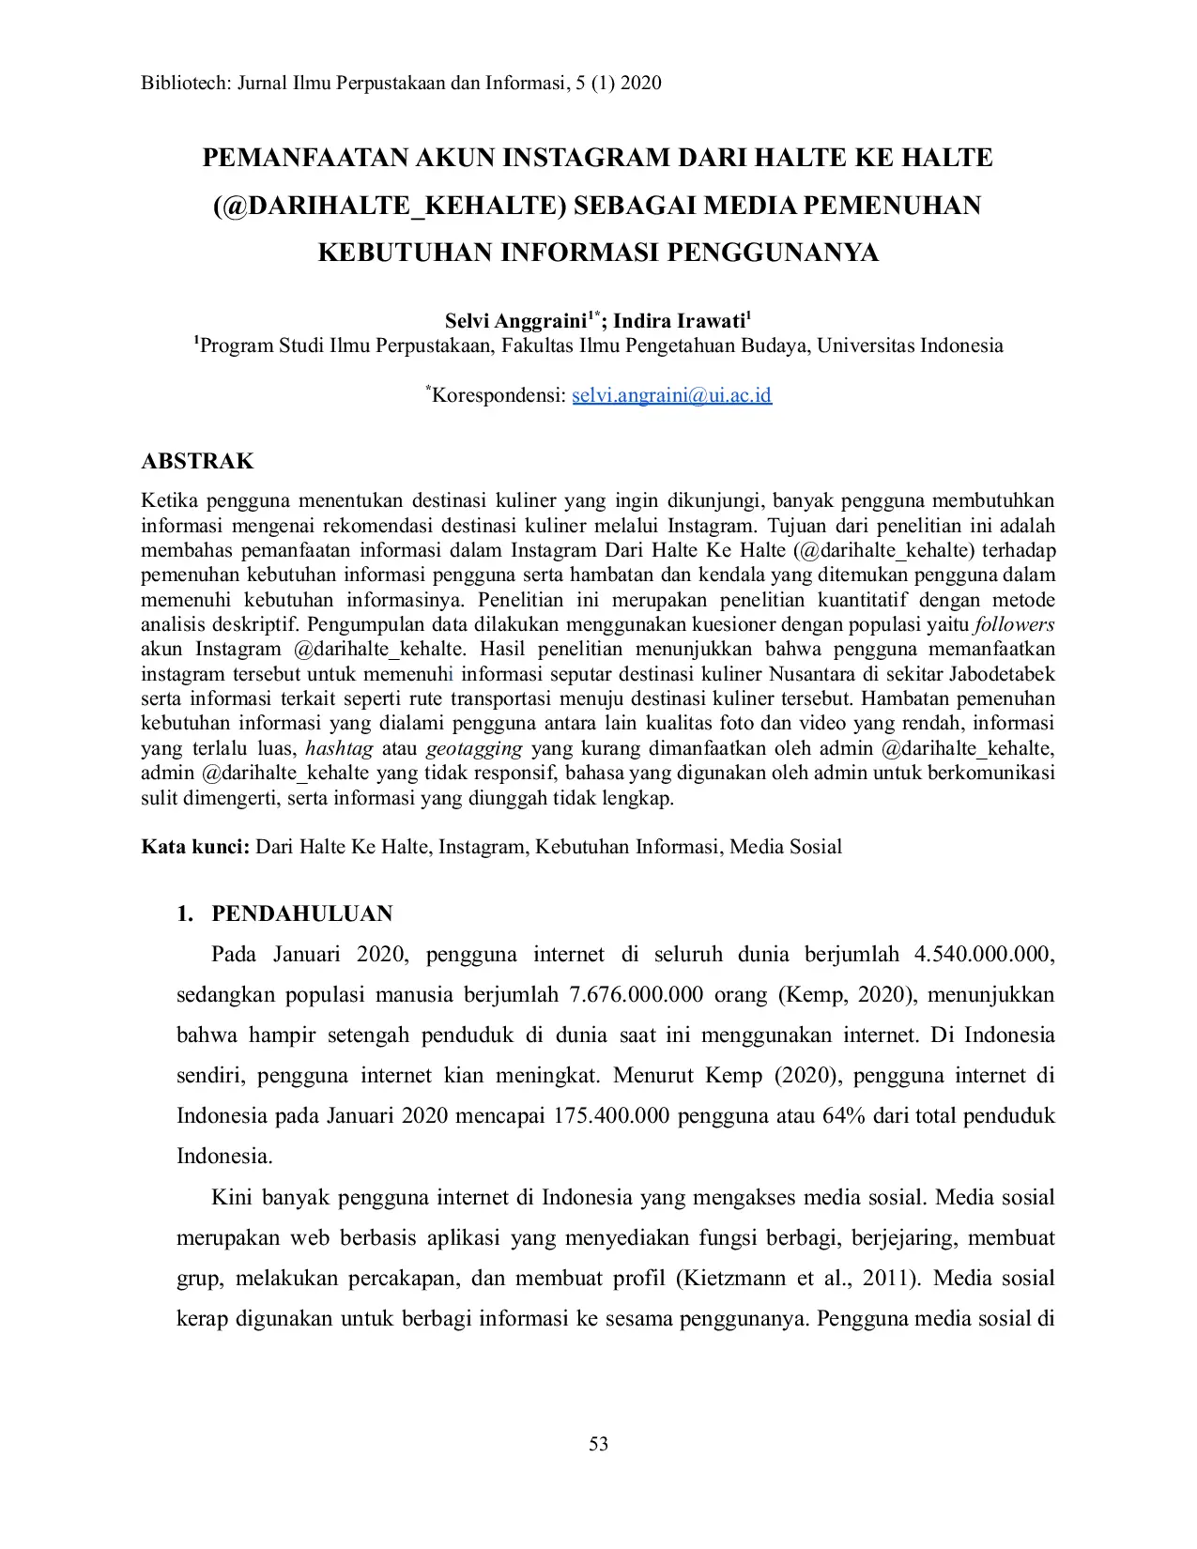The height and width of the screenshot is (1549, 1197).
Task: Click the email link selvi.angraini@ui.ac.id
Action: click(671, 395)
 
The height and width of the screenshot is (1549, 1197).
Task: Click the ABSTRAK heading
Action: click(197, 461)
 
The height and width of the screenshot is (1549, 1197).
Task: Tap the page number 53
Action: click(598, 1444)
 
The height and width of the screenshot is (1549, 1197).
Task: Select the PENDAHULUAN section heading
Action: click(301, 913)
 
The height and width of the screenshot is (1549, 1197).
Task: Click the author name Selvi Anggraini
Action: click(515, 321)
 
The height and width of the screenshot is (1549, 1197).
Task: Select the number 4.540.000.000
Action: click(984, 955)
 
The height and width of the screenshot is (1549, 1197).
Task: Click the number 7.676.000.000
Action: click(636, 995)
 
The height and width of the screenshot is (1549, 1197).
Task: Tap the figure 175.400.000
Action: click(611, 1116)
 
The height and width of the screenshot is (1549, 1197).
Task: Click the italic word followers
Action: click(1014, 625)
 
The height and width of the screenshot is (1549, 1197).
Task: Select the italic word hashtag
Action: click(339, 749)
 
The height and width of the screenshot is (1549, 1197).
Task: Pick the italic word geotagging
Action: click(474, 749)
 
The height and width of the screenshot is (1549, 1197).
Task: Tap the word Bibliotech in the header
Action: click(184, 83)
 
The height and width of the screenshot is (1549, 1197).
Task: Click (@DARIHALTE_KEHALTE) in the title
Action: click(390, 206)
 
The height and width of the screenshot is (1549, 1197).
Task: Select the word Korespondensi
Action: click(499, 395)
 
